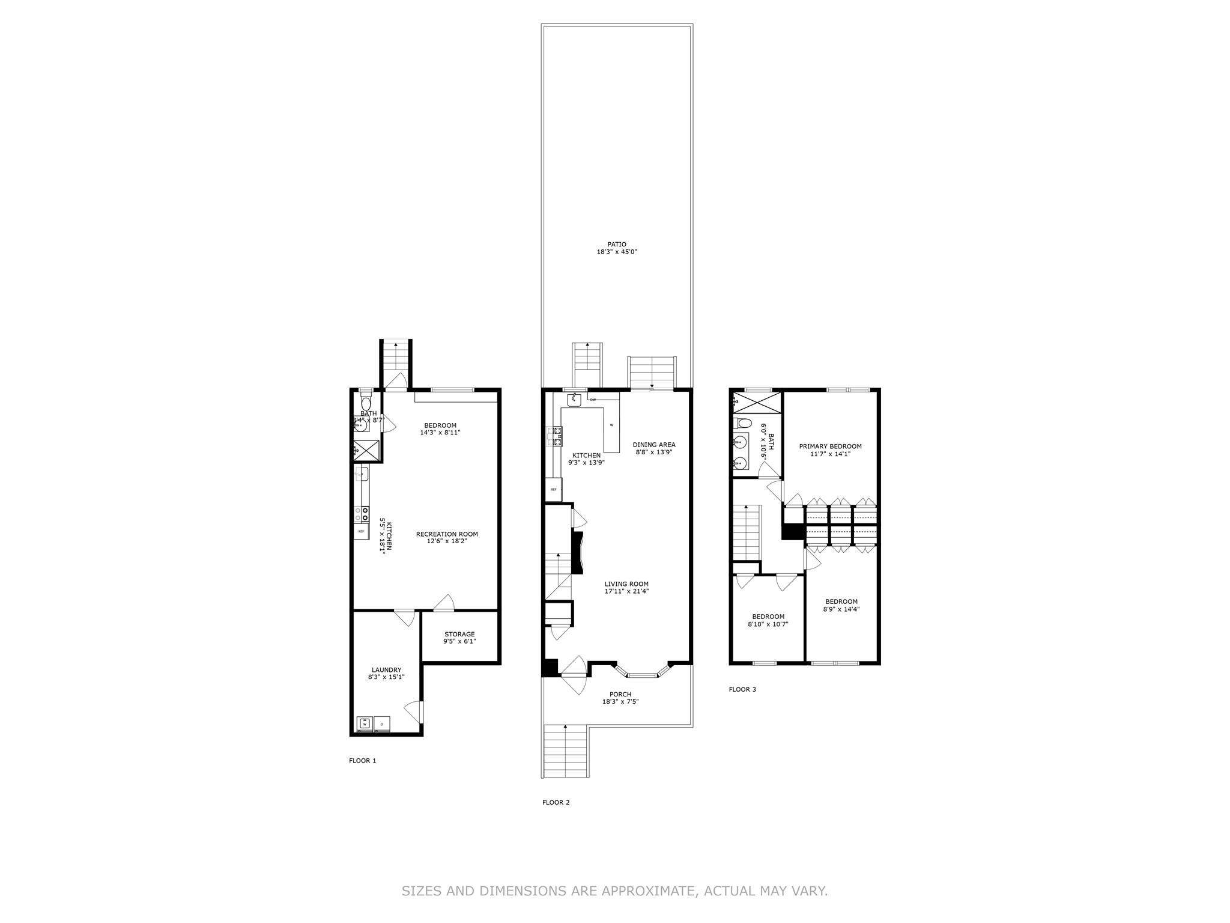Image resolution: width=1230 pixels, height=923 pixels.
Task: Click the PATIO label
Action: (616, 245)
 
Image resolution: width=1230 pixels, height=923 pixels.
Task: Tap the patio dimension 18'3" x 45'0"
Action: (616, 252)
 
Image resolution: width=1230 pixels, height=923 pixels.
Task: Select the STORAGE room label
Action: (459, 634)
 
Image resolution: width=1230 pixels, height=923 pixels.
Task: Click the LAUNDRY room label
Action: (386, 670)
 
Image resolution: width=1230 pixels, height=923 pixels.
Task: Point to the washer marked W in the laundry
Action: (365, 724)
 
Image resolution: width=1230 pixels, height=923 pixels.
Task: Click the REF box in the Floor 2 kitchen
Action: (553, 490)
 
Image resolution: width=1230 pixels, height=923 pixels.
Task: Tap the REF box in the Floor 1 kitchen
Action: (361, 532)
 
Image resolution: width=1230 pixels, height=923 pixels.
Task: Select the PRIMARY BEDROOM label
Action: (830, 446)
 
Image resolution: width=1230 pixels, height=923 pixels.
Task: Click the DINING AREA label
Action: (654, 445)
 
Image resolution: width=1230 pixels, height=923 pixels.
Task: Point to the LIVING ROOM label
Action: (626, 584)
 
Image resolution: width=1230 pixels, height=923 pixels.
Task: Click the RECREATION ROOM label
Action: (447, 534)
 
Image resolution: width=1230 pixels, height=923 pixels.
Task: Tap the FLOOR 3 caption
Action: (742, 689)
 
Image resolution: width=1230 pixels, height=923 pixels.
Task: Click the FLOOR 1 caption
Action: (362, 761)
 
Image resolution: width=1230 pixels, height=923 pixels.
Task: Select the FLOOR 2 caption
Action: (556, 802)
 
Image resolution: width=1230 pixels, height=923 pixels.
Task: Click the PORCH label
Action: (620, 695)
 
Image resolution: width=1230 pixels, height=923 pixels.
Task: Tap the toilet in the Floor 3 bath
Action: (742, 422)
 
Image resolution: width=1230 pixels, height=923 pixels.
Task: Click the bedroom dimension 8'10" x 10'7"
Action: (768, 624)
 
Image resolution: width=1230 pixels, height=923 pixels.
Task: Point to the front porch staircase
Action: (565, 751)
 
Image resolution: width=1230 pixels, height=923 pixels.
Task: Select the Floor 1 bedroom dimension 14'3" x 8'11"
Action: (440, 433)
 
